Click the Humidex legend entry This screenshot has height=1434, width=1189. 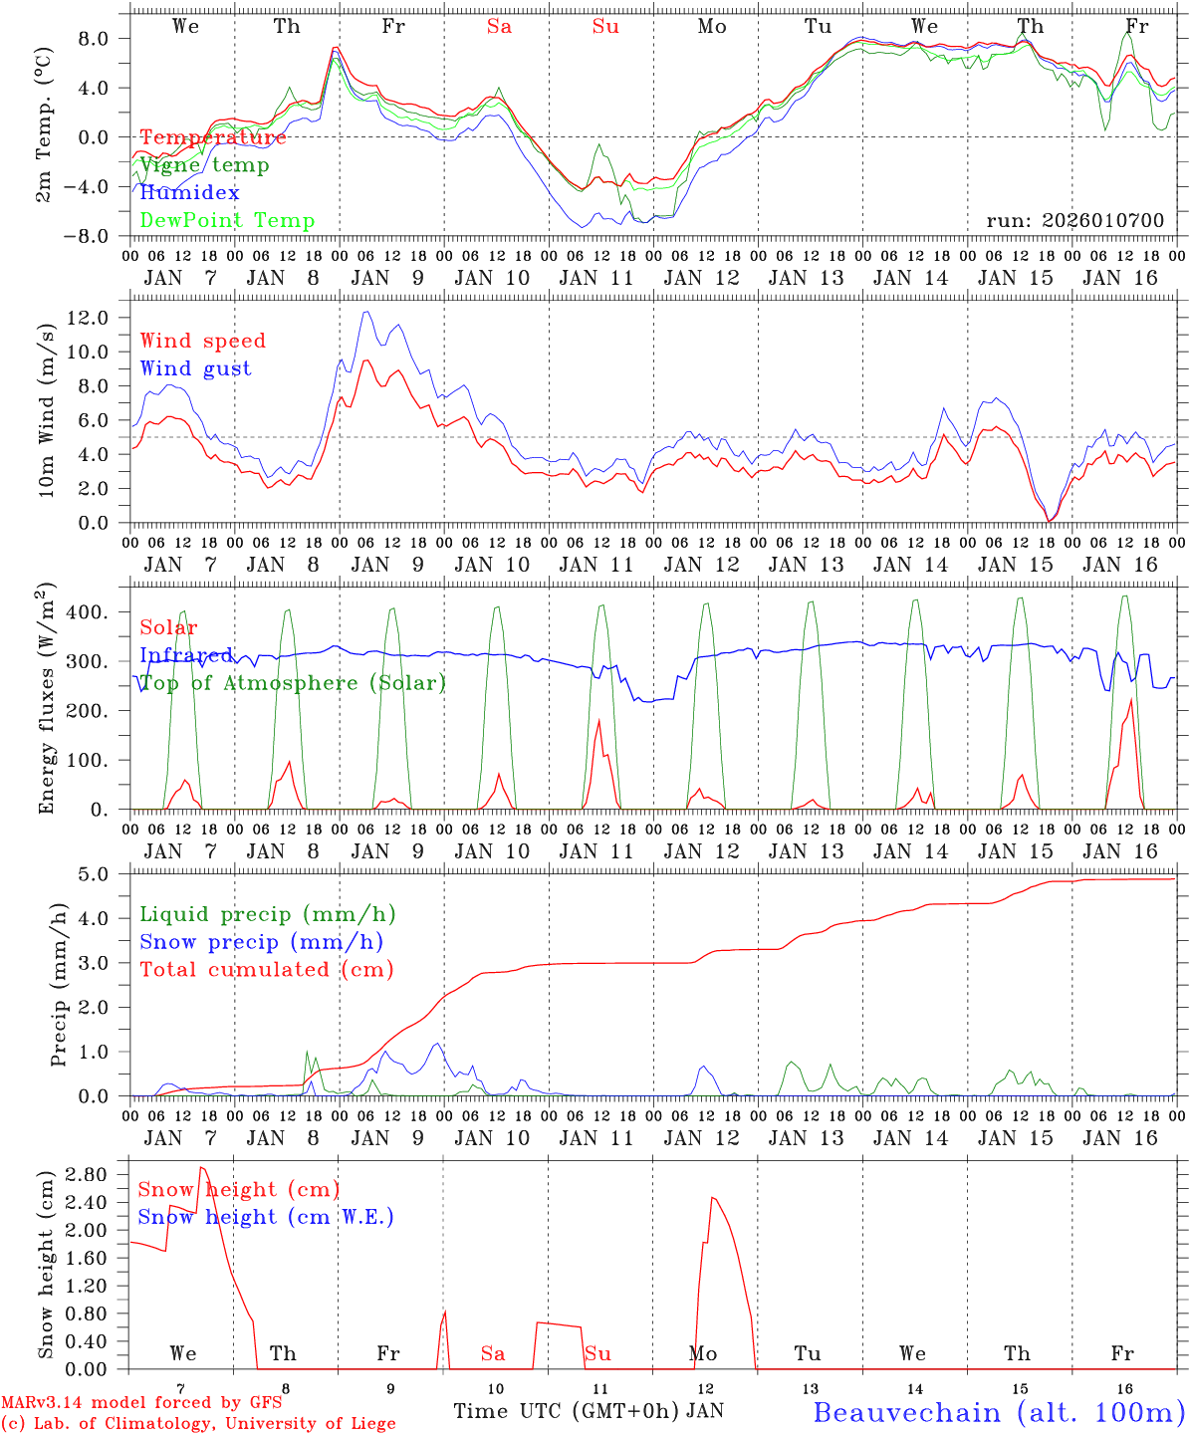pyautogui.click(x=189, y=192)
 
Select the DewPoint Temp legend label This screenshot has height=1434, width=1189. pyautogui.click(x=227, y=220)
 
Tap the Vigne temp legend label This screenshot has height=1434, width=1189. pyautogui.click(x=204, y=164)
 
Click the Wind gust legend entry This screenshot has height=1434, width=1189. pyautogui.click(x=195, y=368)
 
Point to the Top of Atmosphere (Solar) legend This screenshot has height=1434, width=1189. pyautogui.click(x=292, y=683)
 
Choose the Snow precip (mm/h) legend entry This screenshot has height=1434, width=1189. pyautogui.click(x=261, y=942)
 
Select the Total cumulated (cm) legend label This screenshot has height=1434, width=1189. pyautogui.click(x=266, y=969)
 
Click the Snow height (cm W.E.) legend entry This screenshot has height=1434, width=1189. pyautogui.click(x=266, y=1217)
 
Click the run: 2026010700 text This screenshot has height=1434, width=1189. pyautogui.click(x=1074, y=220)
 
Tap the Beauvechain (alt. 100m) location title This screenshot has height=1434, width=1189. pyautogui.click(x=999, y=1412)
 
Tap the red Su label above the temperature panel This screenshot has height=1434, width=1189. pyautogui.click(x=605, y=27)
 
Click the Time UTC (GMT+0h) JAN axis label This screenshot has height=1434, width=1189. pyautogui.click(x=588, y=1411)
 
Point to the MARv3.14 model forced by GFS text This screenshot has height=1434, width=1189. pyautogui.click(x=141, y=1403)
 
